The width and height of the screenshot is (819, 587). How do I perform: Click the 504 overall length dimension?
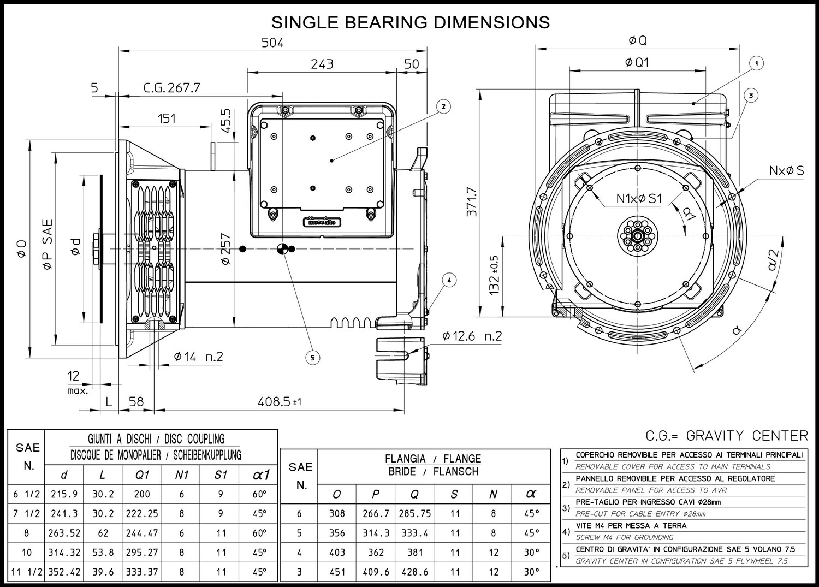pyautogui.click(x=272, y=43)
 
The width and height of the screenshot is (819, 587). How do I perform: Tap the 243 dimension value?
pyautogui.click(x=322, y=64)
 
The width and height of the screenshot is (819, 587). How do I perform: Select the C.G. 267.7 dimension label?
pyautogui.click(x=172, y=88)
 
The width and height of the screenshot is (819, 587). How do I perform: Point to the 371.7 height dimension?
pyautogui.click(x=472, y=201)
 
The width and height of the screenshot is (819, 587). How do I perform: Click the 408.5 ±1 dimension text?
pyautogui.click(x=280, y=402)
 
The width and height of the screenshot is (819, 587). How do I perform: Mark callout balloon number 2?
pyautogui.click(x=443, y=106)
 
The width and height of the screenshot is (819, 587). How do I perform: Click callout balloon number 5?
pyautogui.click(x=313, y=358)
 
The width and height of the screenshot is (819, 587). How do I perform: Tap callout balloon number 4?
pyautogui.click(x=449, y=281)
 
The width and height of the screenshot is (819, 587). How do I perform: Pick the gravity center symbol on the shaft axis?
pyautogui.click(x=282, y=249)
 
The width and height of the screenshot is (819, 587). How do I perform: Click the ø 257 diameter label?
pyautogui.click(x=226, y=248)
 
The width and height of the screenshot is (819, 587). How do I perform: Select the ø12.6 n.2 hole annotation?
pyautogui.click(x=472, y=336)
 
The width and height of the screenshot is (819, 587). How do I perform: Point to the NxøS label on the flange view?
pyautogui.click(x=786, y=170)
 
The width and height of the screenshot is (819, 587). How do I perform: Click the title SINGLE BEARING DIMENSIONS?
pyautogui.click(x=411, y=22)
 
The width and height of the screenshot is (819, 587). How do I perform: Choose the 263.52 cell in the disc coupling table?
pyautogui.click(x=64, y=533)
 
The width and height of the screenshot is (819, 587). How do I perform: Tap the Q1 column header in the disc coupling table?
pyautogui.click(x=142, y=475)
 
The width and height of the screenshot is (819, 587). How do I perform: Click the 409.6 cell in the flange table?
pyautogui.click(x=376, y=572)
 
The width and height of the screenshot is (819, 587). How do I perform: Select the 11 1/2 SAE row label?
pyautogui.click(x=27, y=572)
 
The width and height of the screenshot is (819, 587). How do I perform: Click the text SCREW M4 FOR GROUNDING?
pyautogui.click(x=625, y=537)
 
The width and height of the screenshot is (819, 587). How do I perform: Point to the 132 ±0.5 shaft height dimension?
pyautogui.click(x=494, y=275)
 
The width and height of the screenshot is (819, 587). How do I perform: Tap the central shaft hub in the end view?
pyautogui.click(x=637, y=236)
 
